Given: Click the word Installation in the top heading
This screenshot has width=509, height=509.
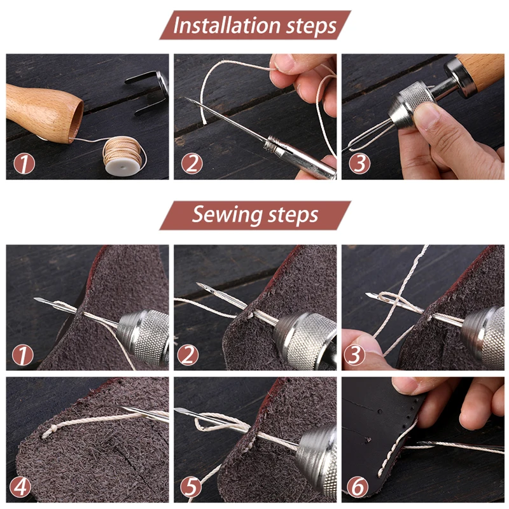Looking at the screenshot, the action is pos(227,25).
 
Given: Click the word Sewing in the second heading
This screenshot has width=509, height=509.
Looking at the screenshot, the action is pos(227,214).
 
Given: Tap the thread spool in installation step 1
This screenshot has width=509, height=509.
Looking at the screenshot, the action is pos(124,155).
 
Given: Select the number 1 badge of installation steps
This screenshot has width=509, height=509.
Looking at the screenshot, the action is pos(24,164).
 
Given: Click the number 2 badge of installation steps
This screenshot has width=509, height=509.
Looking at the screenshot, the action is pos(192,164).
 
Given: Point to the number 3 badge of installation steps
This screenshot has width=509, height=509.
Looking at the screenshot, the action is pos(359,164).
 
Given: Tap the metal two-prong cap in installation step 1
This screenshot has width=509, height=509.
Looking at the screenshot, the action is pos(148,92).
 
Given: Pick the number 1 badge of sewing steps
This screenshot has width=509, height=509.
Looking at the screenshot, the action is pos(23,355).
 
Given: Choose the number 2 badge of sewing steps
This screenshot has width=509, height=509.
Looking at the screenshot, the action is pos(188,355).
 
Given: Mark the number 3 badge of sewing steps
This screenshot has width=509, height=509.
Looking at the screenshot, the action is pos(354,355).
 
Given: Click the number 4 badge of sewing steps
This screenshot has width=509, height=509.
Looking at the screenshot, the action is pos(20,487).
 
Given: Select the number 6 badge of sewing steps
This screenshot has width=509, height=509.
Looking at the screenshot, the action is pos(358,487).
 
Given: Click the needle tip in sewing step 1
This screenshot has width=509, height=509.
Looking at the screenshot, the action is pos(34,298).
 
